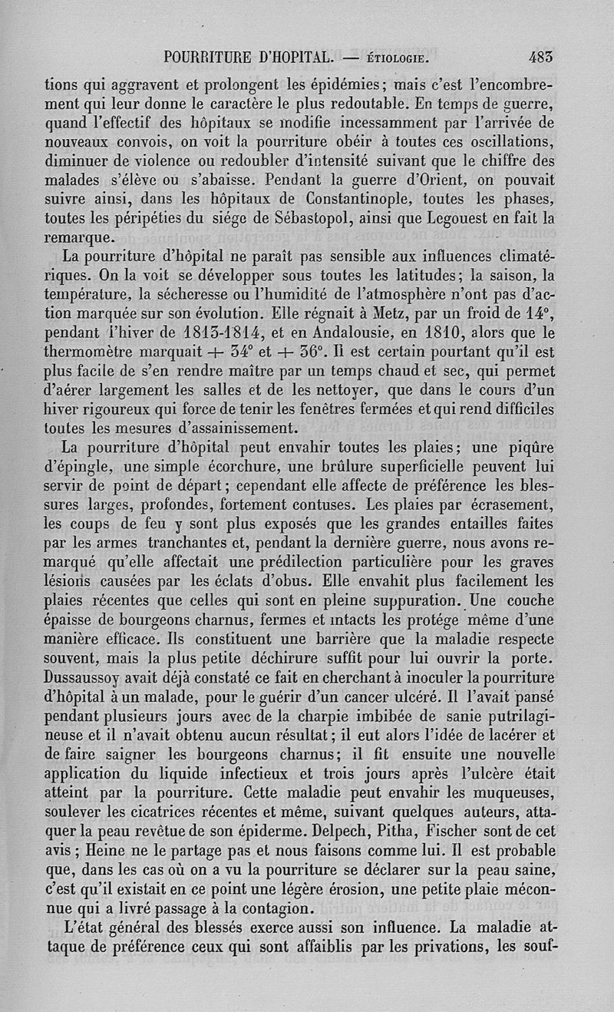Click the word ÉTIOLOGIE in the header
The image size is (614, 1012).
(x=397, y=58)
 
